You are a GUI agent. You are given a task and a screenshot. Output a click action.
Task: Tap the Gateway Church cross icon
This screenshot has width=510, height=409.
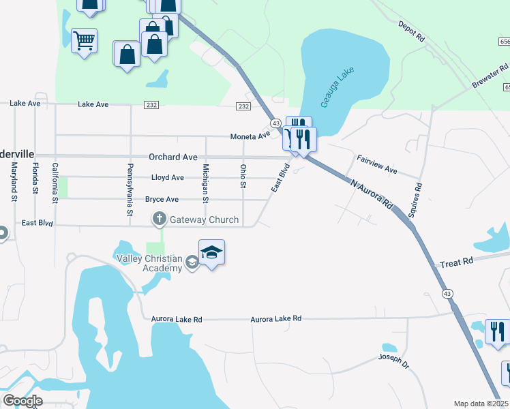pos(159,219)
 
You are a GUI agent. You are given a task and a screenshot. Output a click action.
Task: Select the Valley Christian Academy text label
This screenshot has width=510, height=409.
pos(149,263)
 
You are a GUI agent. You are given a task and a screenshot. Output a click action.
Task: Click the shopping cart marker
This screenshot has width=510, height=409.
pos(84,41)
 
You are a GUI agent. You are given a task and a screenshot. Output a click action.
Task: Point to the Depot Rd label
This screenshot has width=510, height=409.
pos(411,32)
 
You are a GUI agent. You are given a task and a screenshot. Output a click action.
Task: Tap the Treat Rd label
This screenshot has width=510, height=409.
pos(457,262)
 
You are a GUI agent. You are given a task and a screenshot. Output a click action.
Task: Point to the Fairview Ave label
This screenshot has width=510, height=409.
pos(377,163)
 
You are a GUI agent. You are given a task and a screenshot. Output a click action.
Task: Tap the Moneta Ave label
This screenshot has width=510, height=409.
pos(250,136)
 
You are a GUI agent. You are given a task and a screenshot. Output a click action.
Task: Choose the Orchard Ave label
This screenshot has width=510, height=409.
pos(172,157)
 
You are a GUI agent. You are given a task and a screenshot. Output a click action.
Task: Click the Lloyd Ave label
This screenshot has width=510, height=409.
pos(168,178)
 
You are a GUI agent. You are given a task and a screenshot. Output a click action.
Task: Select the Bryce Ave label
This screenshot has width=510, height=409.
pos(162,200)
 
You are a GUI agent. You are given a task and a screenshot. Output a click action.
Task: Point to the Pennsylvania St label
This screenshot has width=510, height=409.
pos(130,190)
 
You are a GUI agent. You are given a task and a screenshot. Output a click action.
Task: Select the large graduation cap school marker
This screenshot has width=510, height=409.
pos(212,252)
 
